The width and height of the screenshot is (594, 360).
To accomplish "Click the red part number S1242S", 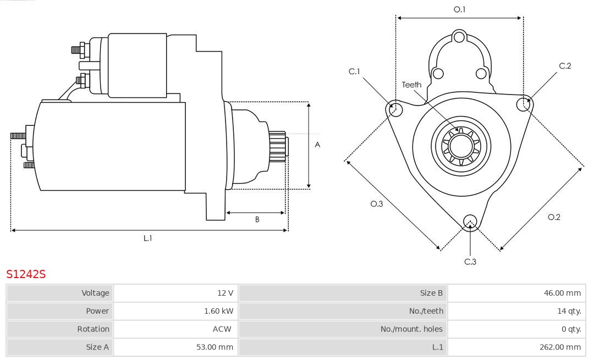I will (25, 274).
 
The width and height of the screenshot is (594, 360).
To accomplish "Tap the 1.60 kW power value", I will (218, 311).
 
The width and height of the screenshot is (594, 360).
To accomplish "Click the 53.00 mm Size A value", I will (215, 347).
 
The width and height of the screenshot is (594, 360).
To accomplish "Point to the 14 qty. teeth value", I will (569, 311).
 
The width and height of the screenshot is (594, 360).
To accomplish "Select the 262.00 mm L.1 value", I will (560, 347).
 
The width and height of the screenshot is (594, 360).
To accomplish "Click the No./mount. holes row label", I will (411, 329).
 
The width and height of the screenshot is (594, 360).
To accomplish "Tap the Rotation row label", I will (93, 329).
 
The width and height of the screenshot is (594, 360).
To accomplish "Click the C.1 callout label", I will (354, 71).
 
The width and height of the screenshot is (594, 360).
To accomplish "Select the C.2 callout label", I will (565, 66).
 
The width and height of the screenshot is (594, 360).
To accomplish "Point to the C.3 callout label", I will (470, 262).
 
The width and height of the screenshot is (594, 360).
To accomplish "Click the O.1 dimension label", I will (459, 9).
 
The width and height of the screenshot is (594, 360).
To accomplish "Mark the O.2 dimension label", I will (554, 217).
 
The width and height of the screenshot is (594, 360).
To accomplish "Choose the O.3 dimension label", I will (376, 204).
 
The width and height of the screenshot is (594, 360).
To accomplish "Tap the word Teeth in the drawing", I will (411, 85).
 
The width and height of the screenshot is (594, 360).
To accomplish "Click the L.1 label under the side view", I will (148, 238).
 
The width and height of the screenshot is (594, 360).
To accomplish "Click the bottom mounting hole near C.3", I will (470, 221).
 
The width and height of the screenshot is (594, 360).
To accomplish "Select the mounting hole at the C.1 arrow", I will (394, 109).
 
